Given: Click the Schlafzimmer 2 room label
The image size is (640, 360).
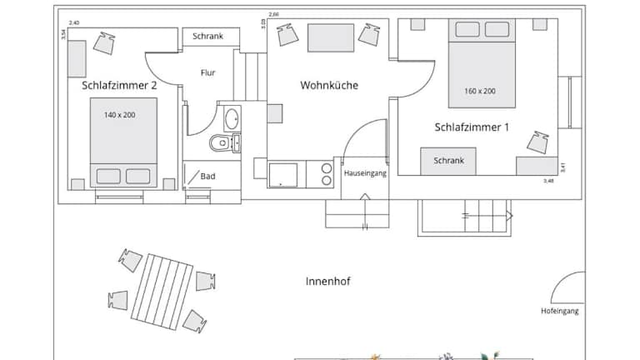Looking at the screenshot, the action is [x=119, y=85].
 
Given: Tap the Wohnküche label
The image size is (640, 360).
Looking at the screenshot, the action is [x=329, y=85].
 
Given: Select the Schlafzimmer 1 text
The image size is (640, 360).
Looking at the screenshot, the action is [x=472, y=127].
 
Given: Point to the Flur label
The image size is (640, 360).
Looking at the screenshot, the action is [x=207, y=72].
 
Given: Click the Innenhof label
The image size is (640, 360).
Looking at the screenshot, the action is [x=327, y=281].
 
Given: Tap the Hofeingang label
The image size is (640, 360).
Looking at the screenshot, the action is [x=560, y=311].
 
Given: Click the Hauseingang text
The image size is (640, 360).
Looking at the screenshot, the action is [x=365, y=173].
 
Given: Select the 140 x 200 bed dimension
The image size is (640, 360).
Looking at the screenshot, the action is [x=119, y=115].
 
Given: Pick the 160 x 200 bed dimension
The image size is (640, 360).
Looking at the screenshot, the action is [x=480, y=91].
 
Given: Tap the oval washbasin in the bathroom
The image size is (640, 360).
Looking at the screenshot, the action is [x=232, y=118].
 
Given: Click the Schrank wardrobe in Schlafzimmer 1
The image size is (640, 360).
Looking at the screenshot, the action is [x=448, y=161].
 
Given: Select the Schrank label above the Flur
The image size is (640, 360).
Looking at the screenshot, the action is [x=207, y=36].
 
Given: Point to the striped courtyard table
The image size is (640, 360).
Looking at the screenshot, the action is [x=162, y=292].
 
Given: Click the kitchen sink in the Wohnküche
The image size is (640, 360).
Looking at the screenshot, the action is [x=282, y=175].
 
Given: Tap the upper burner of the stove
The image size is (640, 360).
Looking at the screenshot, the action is [x=326, y=168].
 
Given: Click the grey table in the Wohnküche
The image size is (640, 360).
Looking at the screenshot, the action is [x=331, y=37].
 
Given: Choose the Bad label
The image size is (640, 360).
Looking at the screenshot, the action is [x=207, y=177].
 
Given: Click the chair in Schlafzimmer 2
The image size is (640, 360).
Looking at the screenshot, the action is [x=104, y=43].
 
